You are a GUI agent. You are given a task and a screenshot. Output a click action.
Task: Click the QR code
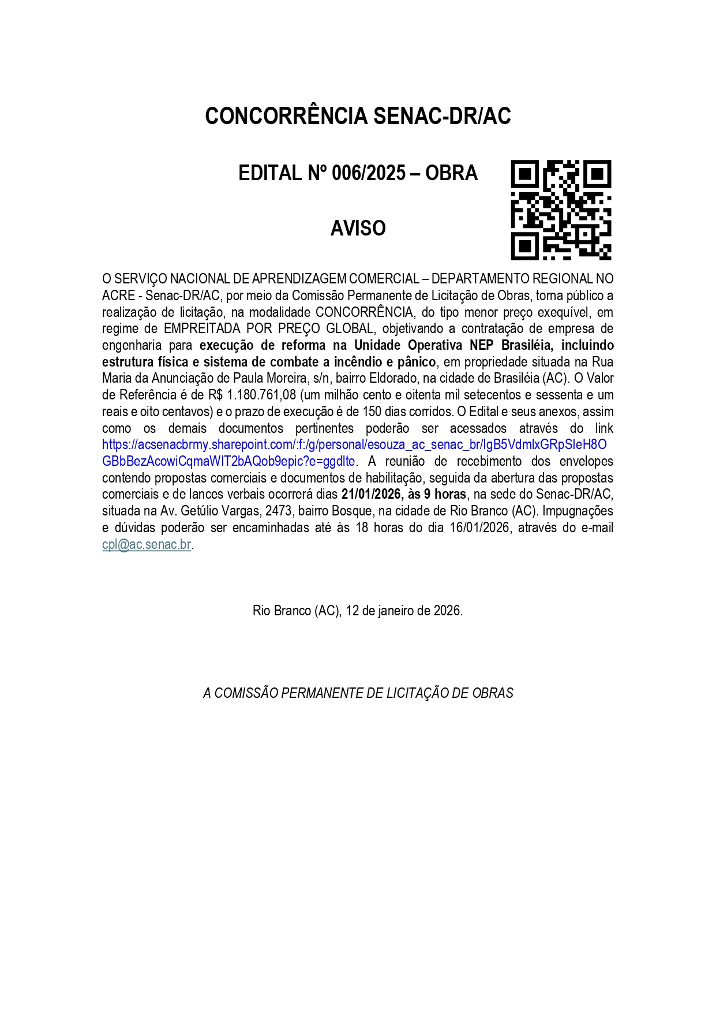(561, 210)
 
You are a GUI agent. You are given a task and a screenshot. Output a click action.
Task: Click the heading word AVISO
(358, 229)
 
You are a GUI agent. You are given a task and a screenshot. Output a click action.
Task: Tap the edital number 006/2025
(369, 173)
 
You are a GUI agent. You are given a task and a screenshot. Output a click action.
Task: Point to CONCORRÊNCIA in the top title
(286, 116)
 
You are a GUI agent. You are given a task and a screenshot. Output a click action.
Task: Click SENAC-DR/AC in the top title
(442, 116)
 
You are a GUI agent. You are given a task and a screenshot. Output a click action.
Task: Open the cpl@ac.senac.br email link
(147, 544)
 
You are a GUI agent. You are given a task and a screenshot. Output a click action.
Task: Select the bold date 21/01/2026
(370, 495)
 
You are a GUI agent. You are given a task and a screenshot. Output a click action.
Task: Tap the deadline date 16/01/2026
(479, 528)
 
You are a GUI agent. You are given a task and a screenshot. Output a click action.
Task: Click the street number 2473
(278, 511)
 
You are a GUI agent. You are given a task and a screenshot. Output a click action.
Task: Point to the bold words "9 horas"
(445, 495)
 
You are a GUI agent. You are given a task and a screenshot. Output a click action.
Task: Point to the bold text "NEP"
(483, 346)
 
